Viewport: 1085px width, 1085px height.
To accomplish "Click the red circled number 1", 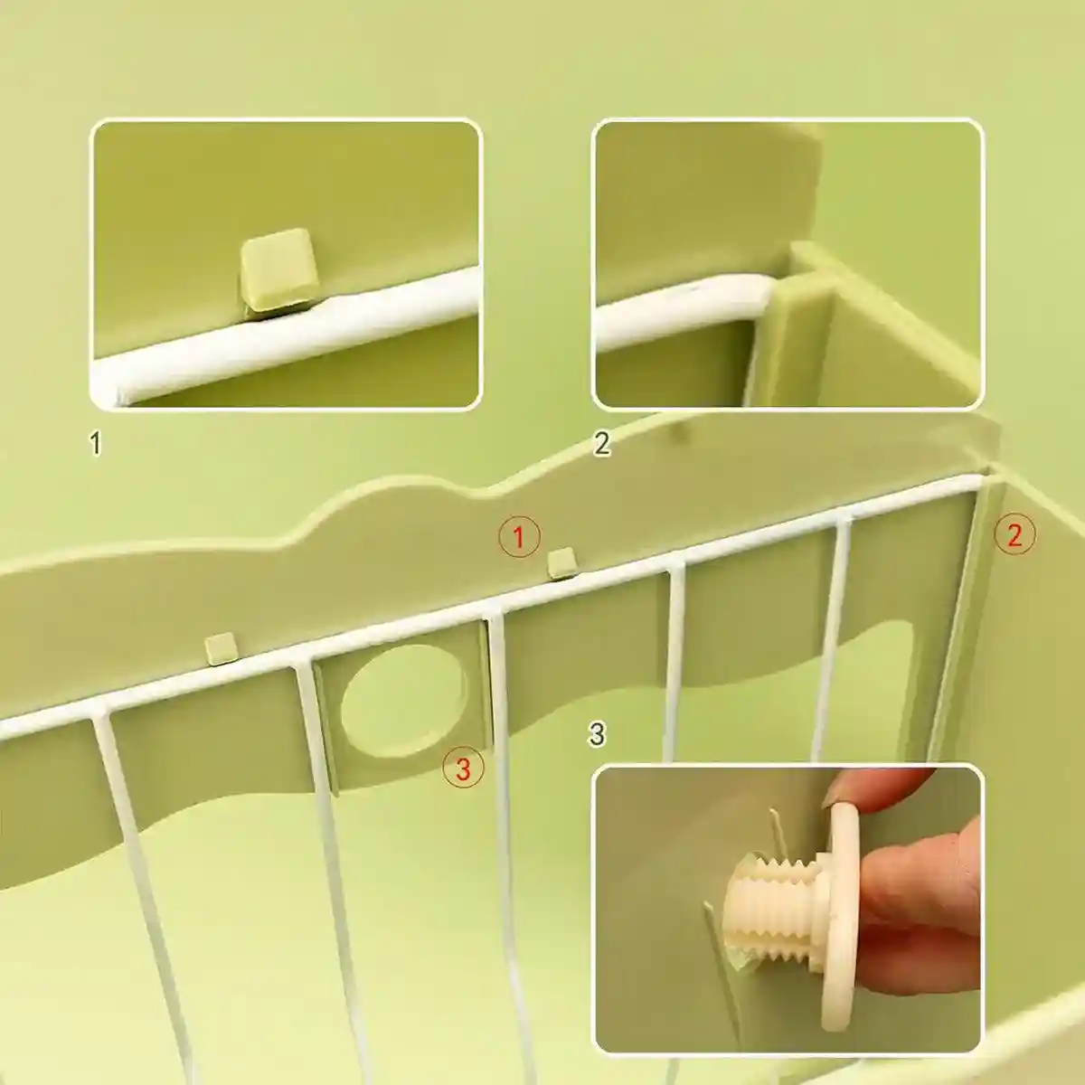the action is [x=519, y=536].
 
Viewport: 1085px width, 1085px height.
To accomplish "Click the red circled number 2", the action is [x=1014, y=535].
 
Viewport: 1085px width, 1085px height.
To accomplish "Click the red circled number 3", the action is [x=463, y=768].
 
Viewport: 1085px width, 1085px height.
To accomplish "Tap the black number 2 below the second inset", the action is [x=601, y=443].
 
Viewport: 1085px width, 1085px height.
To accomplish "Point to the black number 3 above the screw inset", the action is [x=597, y=734].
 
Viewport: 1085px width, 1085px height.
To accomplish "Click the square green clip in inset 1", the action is [x=278, y=269].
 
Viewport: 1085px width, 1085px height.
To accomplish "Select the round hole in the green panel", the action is [x=402, y=701].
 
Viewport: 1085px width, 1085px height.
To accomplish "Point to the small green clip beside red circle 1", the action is [x=561, y=561].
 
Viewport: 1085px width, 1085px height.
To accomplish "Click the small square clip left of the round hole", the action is [x=221, y=648].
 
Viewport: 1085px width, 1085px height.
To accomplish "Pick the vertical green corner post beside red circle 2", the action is [x=958, y=619].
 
